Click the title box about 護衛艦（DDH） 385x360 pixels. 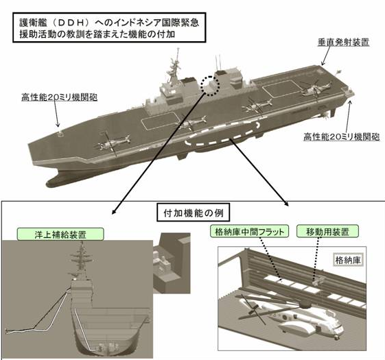[109, 27]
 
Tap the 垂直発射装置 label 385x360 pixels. [343, 43]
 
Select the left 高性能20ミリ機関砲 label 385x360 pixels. [60, 97]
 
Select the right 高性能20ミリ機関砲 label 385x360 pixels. [342, 136]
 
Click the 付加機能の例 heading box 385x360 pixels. [194, 213]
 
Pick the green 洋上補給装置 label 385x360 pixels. [60, 235]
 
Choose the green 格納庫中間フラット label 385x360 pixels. [250, 231]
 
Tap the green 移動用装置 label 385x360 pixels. [327, 231]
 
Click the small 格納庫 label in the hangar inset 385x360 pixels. [348, 260]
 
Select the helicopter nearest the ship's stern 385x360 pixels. [315, 90]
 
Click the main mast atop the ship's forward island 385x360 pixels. [175, 67]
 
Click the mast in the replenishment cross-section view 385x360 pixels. [81, 261]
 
